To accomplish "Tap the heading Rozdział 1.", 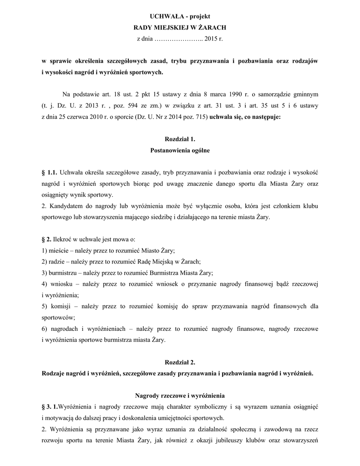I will pos(179,138).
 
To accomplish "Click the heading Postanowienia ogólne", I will pos(180,150).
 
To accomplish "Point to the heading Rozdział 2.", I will pos(179,362).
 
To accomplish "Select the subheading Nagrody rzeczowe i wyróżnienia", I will pos(180,395).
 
